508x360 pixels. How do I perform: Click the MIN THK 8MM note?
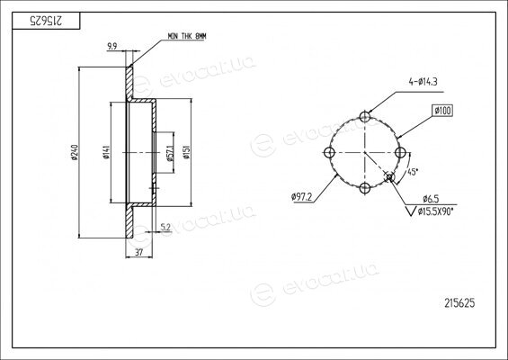(x=187, y=36)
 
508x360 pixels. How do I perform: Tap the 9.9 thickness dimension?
(x=112, y=47)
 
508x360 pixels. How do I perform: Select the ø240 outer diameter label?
(x=75, y=152)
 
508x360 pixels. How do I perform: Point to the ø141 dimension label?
(x=107, y=152)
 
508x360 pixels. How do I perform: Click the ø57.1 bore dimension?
(x=170, y=153)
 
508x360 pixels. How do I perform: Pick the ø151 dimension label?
(x=186, y=152)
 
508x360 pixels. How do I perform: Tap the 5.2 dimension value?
(x=165, y=228)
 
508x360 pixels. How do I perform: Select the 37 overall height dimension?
(x=138, y=252)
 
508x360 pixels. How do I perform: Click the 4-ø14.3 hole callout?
(x=423, y=82)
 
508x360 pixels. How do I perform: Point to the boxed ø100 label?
(x=442, y=111)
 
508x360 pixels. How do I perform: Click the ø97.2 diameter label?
(x=301, y=197)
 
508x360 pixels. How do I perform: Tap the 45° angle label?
(x=412, y=172)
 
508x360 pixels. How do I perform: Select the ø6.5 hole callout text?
(x=431, y=199)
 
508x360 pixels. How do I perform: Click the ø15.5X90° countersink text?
(x=435, y=211)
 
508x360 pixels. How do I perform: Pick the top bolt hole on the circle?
(x=365, y=117)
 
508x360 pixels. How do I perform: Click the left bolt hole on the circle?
(x=329, y=152)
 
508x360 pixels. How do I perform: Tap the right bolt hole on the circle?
(x=401, y=152)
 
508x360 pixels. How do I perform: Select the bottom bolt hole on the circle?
(x=365, y=188)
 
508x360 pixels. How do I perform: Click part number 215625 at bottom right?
(x=459, y=303)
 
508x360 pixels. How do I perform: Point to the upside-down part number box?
(x=46, y=21)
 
